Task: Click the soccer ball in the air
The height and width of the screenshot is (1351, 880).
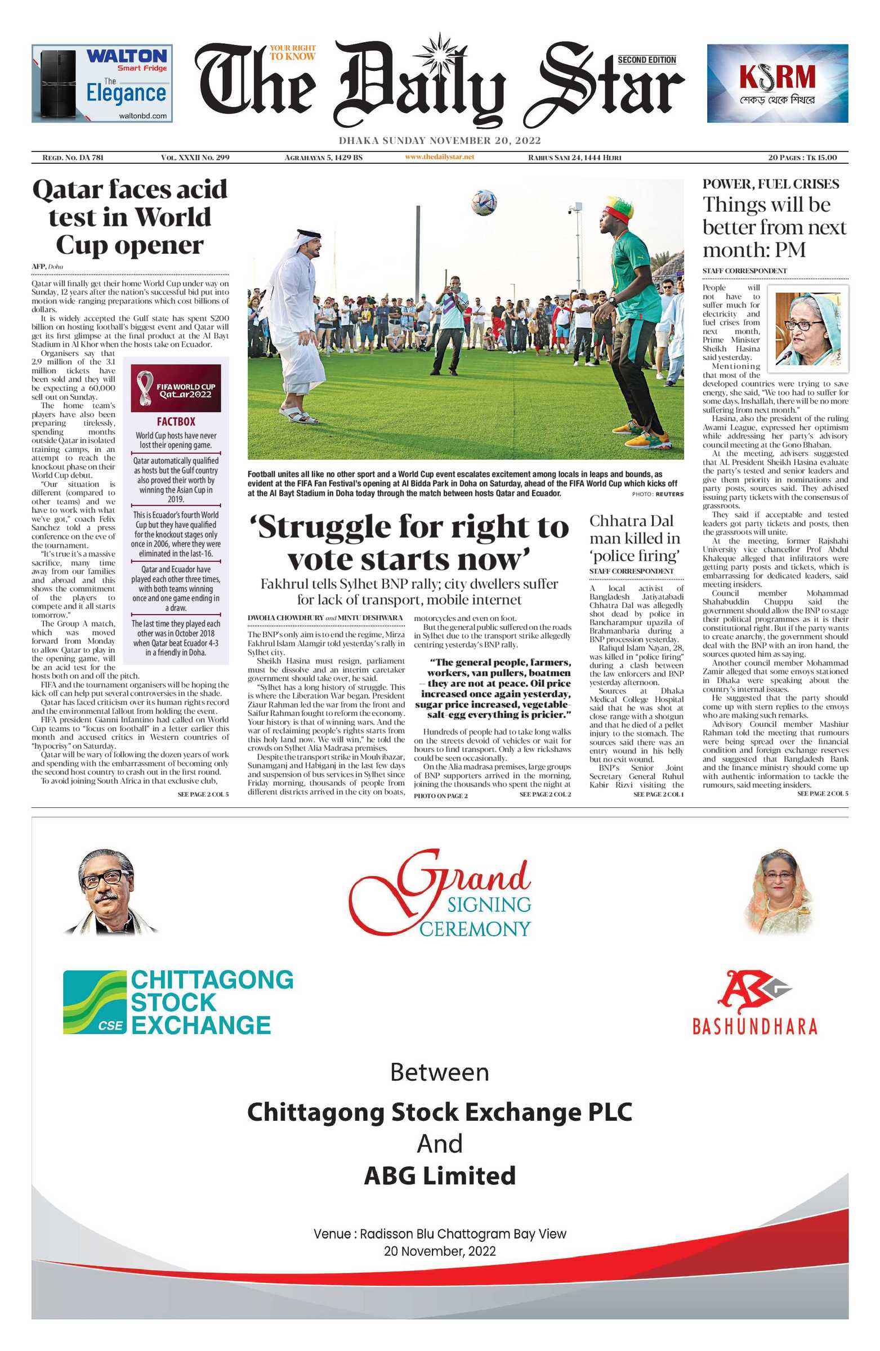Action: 484,203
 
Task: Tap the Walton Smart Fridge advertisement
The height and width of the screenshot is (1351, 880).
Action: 102,83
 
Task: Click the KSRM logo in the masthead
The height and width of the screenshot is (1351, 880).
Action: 777,78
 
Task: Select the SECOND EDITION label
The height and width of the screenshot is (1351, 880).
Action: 647,60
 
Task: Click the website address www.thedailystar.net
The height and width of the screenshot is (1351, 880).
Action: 439,156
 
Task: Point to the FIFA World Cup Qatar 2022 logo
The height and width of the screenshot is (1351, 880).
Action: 176,388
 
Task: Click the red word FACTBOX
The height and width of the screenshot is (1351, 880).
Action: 176,422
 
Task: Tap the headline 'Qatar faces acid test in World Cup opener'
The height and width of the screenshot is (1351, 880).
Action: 130,217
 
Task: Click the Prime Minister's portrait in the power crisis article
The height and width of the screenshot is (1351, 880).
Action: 808,329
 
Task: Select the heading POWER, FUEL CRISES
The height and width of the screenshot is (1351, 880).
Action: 770,184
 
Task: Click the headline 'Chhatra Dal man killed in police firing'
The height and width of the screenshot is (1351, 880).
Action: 635,538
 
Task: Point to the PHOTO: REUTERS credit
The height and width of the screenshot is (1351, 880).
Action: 658,494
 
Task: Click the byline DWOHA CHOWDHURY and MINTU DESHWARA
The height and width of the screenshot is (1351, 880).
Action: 325,618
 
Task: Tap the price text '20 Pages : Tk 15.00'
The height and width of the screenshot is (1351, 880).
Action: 802,157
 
